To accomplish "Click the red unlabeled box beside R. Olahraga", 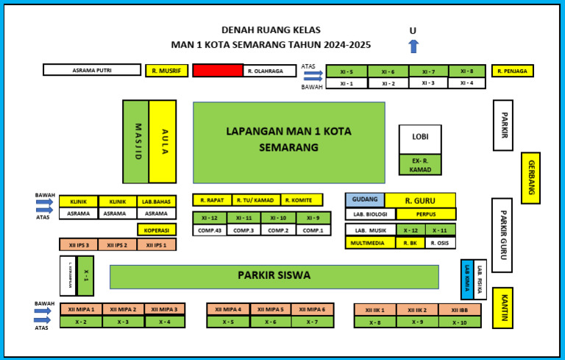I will [218, 70].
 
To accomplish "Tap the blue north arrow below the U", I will [413, 46].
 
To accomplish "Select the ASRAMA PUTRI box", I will [92, 70].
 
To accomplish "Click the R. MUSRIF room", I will [166, 71].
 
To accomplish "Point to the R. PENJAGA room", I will [513, 71].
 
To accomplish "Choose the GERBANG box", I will [530, 177].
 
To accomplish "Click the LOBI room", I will [420, 139].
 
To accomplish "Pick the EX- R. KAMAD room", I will [420, 165].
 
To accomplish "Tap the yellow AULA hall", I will [163, 141].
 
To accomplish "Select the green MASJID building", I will [136, 141].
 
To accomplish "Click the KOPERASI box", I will [156, 230].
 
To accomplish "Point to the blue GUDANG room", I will [365, 200].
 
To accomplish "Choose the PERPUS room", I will [426, 214].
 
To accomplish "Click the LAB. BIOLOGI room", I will [371, 214].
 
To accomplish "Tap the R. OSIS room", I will [440, 243].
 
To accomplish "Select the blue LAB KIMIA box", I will [466, 279].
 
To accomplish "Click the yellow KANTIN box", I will [502, 307].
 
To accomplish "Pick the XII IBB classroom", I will [460, 310].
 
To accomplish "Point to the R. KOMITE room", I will [302, 200].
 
